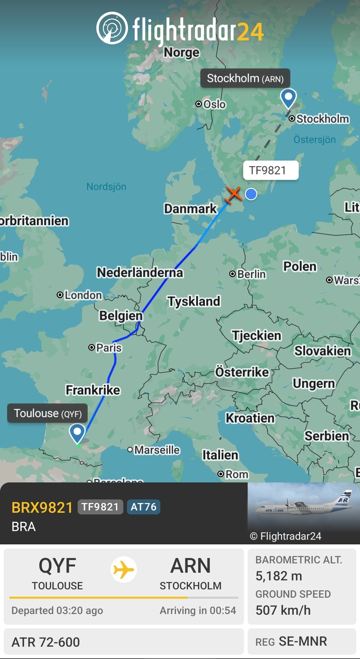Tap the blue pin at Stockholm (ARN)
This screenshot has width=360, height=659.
288,98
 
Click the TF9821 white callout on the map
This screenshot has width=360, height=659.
270,171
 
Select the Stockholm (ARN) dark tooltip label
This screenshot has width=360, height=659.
245,79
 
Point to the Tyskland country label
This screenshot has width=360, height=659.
194,301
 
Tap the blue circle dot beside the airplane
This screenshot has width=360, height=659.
251,194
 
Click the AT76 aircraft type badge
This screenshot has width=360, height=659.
143,507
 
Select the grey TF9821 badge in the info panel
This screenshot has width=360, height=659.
100,507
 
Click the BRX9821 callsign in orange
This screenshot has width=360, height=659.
42,508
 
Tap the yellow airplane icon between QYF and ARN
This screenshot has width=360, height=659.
124,569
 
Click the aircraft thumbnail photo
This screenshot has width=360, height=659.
303,506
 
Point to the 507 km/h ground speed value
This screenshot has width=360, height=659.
283,610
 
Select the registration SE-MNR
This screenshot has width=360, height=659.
303,641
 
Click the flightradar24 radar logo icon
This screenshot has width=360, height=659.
112,28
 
